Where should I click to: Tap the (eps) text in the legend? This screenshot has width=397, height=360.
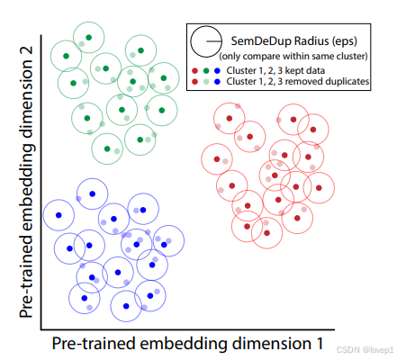[346, 39]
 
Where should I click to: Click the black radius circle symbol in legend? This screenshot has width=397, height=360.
[206, 40]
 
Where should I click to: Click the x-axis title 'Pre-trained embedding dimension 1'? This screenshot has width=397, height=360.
[187, 343]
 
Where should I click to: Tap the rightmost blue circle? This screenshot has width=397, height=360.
[166, 242]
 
